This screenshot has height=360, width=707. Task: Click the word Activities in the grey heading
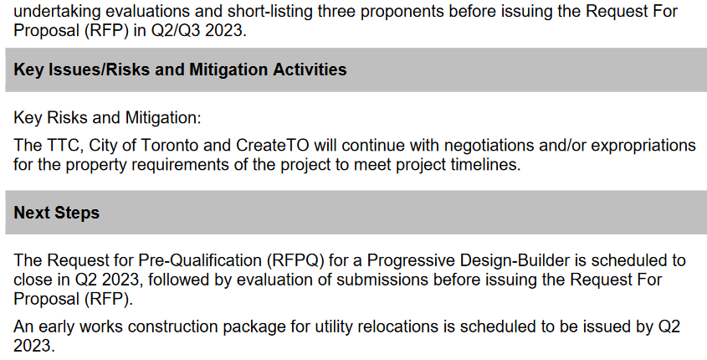(x=310, y=69)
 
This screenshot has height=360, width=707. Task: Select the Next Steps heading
(x=56, y=213)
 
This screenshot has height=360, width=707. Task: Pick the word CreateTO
(x=273, y=146)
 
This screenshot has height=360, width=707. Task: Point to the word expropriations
(x=643, y=146)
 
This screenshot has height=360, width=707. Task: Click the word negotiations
(x=486, y=146)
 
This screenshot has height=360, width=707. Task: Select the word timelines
(x=486, y=165)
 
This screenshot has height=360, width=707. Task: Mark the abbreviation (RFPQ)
(x=295, y=260)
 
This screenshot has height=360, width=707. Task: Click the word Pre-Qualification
(x=200, y=260)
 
